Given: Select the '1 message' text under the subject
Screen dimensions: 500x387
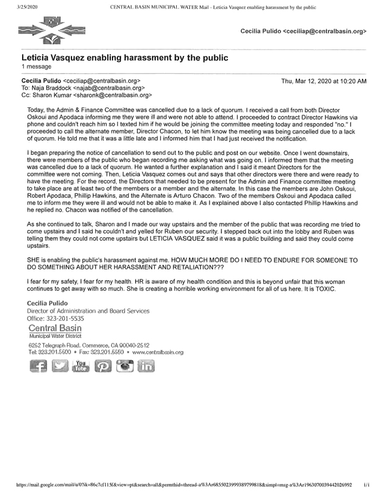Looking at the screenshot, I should [x=36, y=68].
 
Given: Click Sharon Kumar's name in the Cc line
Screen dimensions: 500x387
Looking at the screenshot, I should [x=52, y=95].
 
